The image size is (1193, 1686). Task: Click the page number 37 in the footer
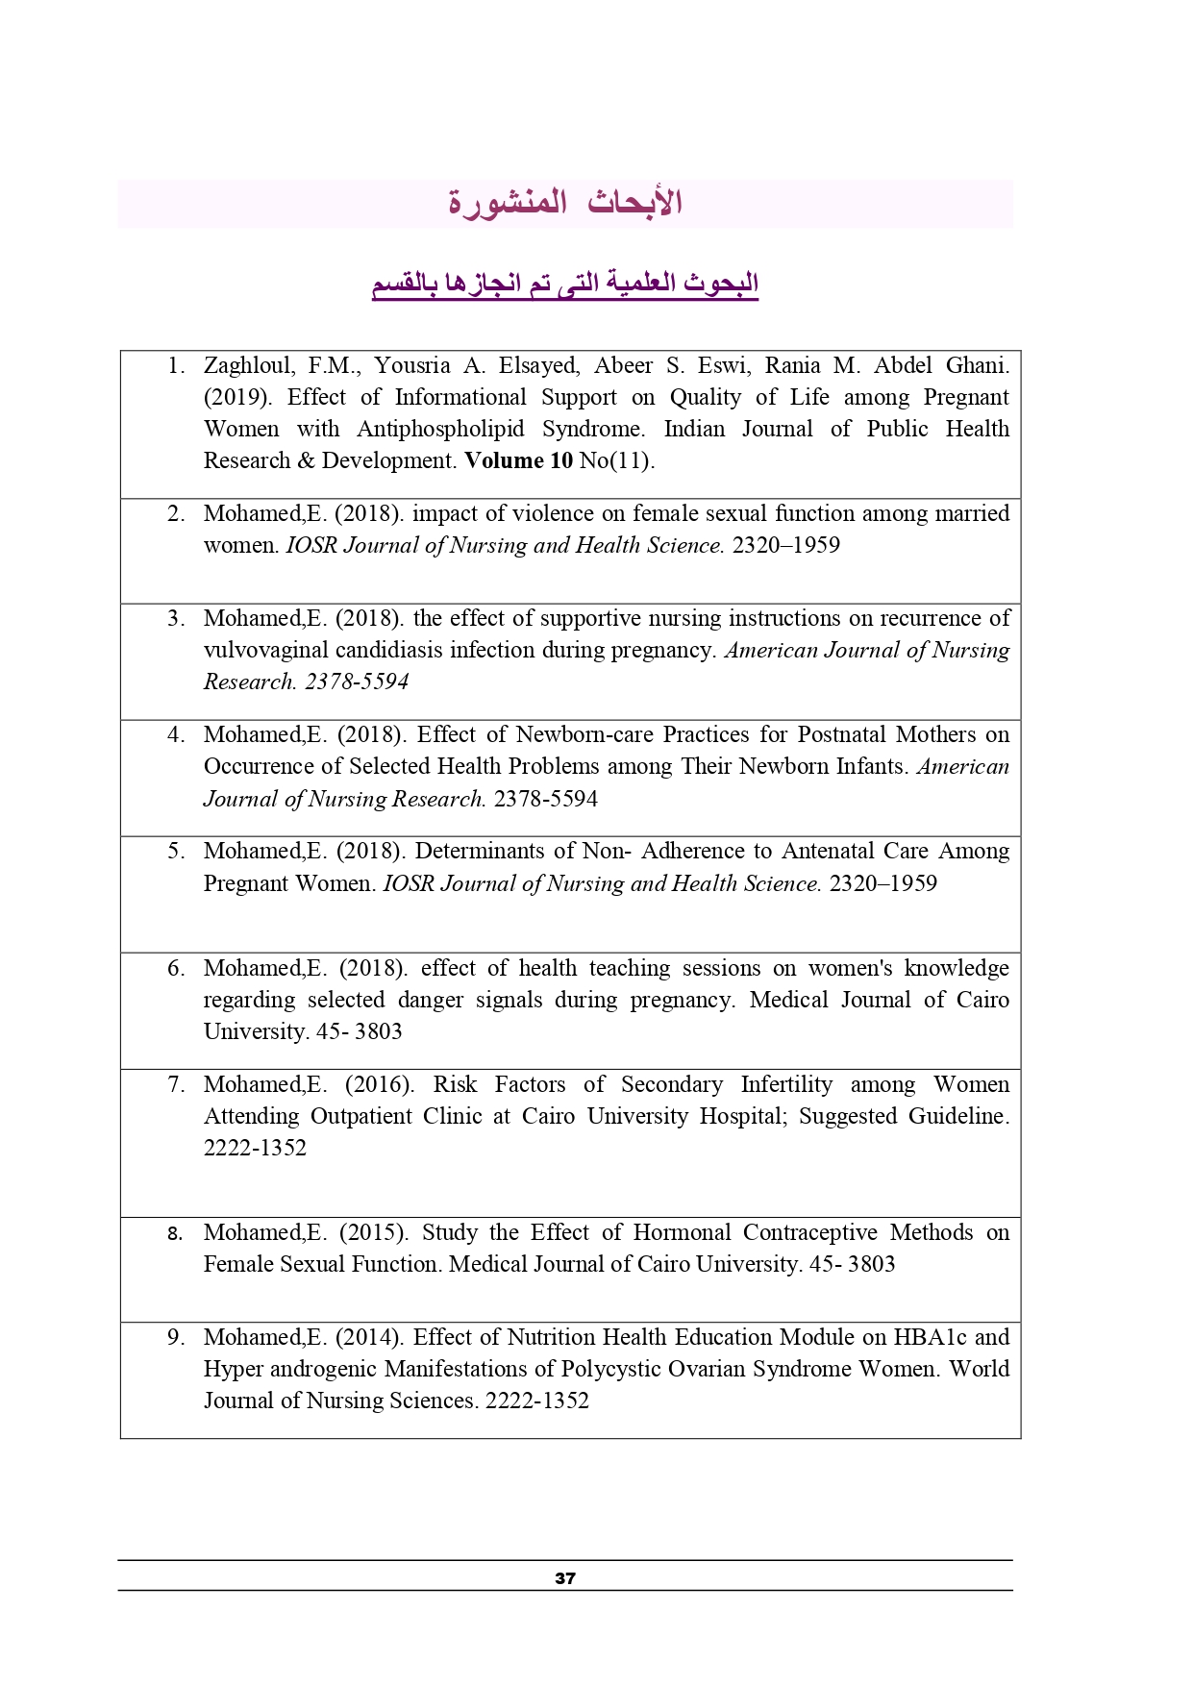pyautogui.click(x=565, y=1577)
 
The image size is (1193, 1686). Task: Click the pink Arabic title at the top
pyautogui.click(x=565, y=203)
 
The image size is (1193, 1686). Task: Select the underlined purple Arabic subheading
pyautogui.click(x=565, y=284)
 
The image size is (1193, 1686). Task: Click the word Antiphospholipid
pyautogui.click(x=440, y=429)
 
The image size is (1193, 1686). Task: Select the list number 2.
pyautogui.click(x=176, y=513)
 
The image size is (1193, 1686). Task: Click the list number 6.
pyautogui.click(x=176, y=968)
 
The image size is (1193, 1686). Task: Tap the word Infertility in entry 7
pyautogui.click(x=786, y=1084)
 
